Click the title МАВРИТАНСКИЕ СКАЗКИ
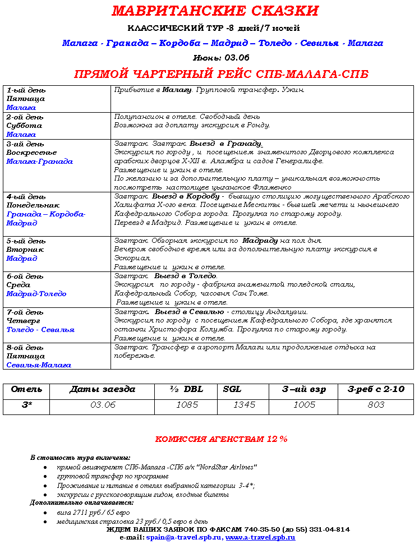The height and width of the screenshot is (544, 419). [215, 11]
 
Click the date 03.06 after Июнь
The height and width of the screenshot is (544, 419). [237, 58]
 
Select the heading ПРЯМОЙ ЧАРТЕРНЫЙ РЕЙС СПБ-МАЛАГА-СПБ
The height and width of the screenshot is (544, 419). [222, 75]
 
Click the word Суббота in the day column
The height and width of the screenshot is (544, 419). [24, 126]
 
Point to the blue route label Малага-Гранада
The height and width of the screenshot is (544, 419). [40, 162]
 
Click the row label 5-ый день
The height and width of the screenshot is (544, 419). [26, 241]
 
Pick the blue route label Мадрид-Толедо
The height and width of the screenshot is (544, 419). [36, 294]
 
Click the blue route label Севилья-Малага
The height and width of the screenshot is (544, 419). [39, 365]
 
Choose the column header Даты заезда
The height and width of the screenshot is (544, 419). [103, 390]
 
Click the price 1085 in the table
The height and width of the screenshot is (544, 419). [187, 405]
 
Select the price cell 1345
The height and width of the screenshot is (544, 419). [244, 405]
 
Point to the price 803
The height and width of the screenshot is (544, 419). [376, 405]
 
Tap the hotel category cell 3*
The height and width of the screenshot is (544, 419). [26, 405]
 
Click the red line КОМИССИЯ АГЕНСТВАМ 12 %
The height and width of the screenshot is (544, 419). [221, 439]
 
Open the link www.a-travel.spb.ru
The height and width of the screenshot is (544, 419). [260, 537]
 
